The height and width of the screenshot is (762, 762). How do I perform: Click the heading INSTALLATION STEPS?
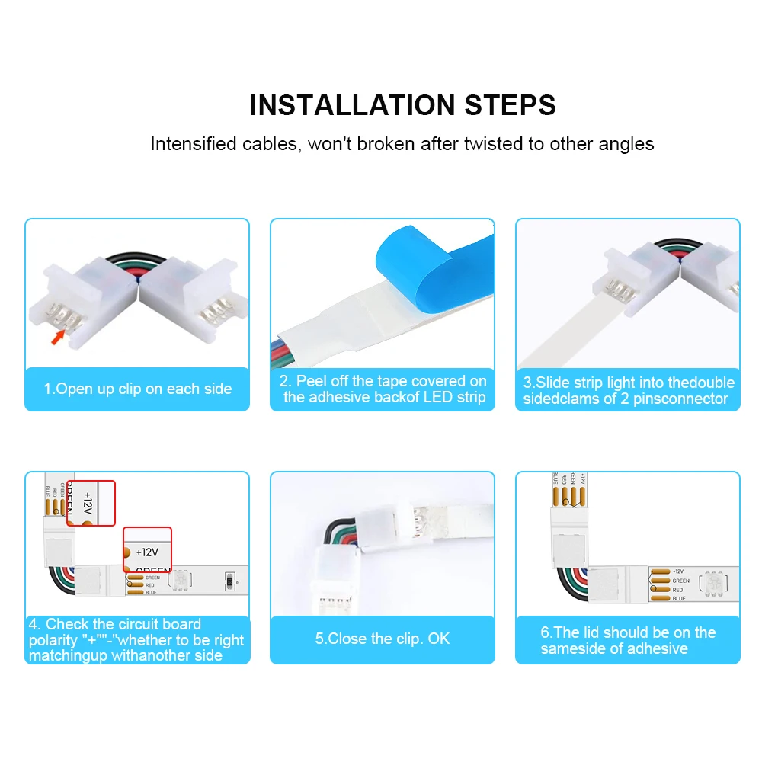click(402, 105)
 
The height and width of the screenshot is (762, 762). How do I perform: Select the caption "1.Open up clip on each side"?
click(137, 389)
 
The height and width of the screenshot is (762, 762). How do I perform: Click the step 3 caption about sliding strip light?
click(628, 390)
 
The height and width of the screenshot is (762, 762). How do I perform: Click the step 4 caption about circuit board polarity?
click(136, 640)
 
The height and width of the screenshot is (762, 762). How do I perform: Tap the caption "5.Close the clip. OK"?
click(383, 639)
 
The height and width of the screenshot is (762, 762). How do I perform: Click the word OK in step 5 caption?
click(439, 639)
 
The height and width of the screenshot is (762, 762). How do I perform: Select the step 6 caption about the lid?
click(628, 641)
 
